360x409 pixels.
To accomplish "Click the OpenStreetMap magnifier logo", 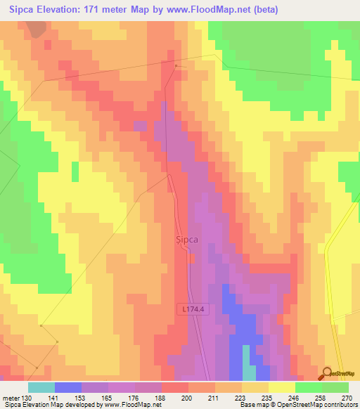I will click(x=328, y=374).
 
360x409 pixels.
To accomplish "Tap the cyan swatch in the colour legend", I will click(x=41, y=387).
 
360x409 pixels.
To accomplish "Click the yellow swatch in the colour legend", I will click(x=281, y=387).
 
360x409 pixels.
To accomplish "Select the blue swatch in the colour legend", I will click(x=68, y=387).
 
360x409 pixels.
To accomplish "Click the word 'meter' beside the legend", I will click(x=11, y=398).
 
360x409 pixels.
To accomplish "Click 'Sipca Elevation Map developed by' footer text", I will click(x=49, y=405).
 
